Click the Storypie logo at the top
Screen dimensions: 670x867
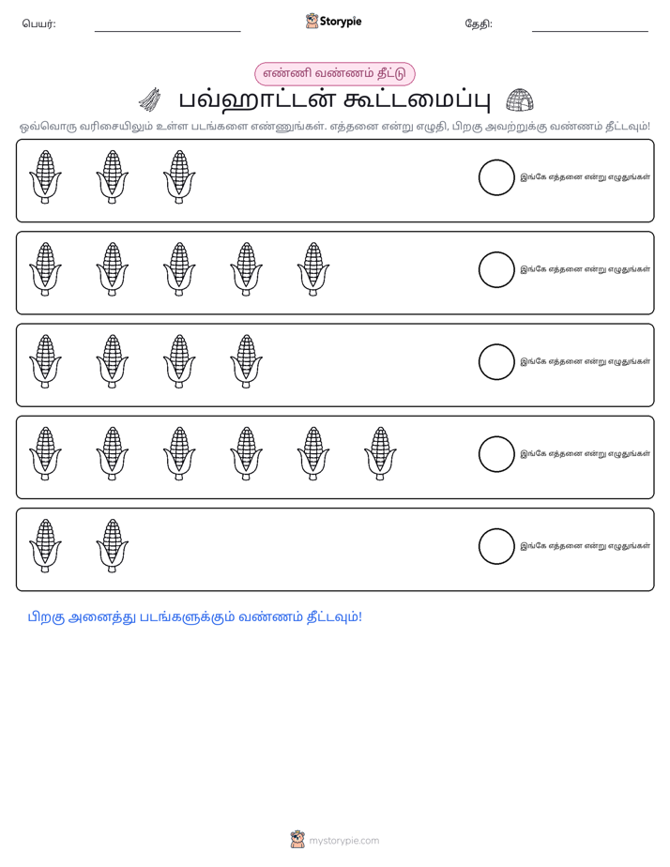pos(333,21)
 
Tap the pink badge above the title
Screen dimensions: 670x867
pos(334,73)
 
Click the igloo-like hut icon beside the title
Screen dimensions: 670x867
pos(520,100)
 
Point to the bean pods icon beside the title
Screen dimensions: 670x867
pos(150,99)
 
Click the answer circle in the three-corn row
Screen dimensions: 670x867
pos(496,177)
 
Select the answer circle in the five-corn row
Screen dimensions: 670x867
pos(496,270)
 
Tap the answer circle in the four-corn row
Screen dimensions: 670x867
pos(496,362)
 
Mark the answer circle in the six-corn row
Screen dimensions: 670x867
pos(496,454)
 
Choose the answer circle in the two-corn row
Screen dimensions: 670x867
pos(496,546)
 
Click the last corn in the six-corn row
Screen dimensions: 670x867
pos(380,453)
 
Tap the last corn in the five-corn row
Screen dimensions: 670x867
pos(313,269)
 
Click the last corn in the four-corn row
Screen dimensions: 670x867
pos(247,361)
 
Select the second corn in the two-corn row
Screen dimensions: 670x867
pos(113,546)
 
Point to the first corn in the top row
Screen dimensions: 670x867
pos(45,177)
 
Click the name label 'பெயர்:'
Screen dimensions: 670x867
pos(38,23)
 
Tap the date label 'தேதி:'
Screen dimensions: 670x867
pos(479,23)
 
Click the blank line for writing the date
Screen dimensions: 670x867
pos(590,32)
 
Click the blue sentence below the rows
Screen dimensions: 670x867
pos(195,617)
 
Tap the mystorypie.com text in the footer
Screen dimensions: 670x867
pos(343,841)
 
